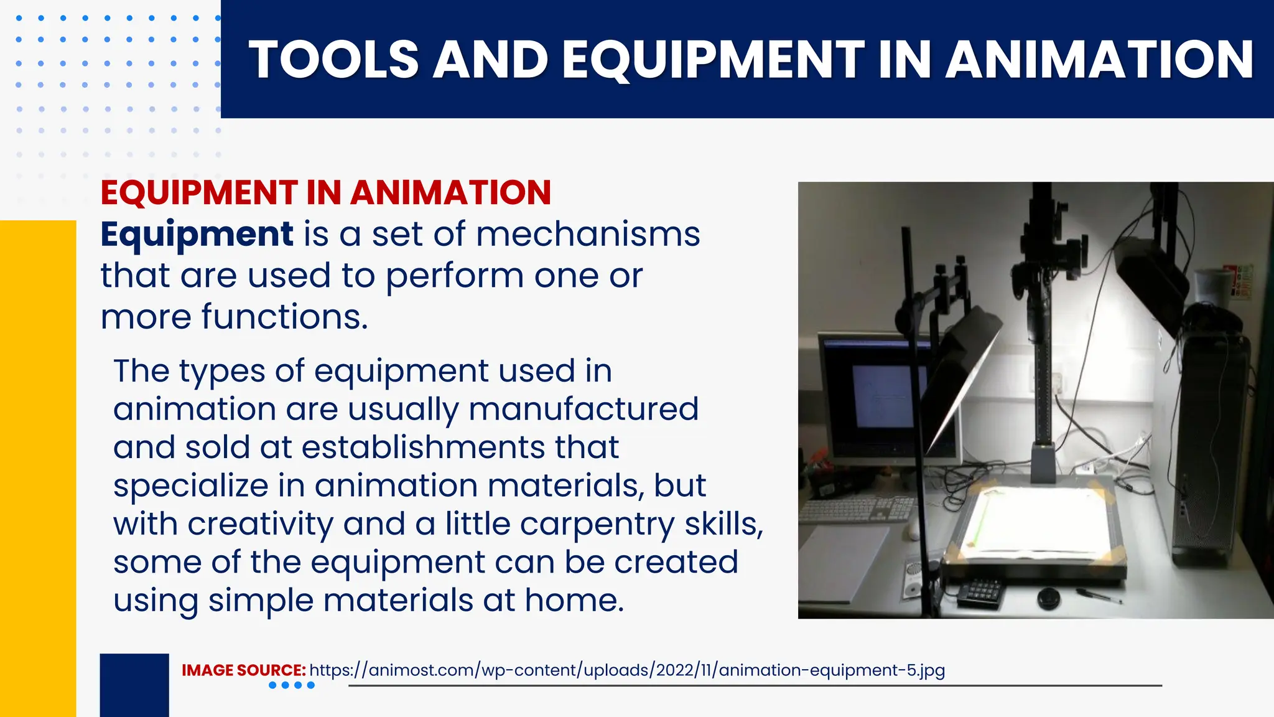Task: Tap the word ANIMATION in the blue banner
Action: point(1099,60)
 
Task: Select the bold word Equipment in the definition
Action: point(197,235)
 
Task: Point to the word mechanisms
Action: point(588,235)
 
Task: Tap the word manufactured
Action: point(584,409)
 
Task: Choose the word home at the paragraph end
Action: point(574,601)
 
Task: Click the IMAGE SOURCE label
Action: point(243,670)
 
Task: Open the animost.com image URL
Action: point(627,670)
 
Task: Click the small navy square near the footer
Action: point(134,685)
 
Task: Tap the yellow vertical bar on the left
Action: point(37,467)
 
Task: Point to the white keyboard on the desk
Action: point(858,509)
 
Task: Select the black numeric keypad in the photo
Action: point(979,591)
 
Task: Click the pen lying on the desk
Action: point(1099,596)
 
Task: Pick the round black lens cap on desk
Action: point(1050,597)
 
